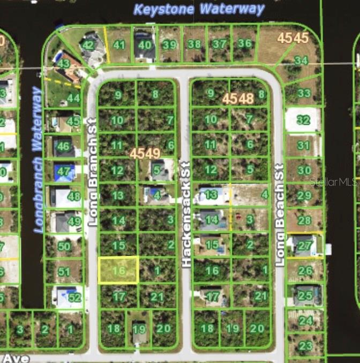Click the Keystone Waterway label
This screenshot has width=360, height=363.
(199, 9)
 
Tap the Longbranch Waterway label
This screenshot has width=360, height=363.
(37, 159)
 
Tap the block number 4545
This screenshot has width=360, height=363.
(292, 38)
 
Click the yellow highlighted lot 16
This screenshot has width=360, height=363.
(118, 270)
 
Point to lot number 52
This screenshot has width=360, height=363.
(74, 298)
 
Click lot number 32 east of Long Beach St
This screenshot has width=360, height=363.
(303, 120)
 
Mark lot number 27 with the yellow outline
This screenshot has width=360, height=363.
(304, 245)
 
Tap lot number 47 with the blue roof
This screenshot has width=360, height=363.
(65, 172)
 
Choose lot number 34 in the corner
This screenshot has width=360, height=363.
(301, 60)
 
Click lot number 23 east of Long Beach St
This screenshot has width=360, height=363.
(305, 346)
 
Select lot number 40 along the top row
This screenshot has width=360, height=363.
(145, 45)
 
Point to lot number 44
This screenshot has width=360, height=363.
(73, 98)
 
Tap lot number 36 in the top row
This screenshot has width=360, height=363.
(244, 43)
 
